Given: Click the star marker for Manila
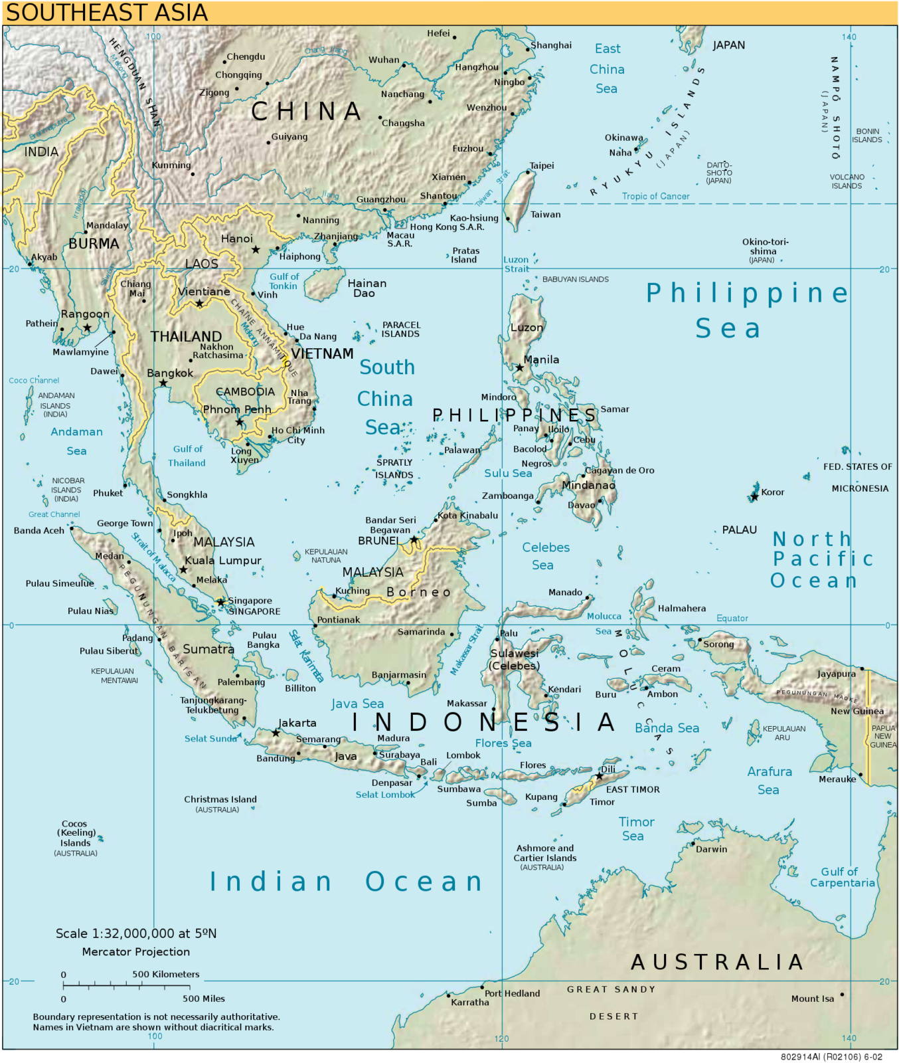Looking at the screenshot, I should tap(520, 367).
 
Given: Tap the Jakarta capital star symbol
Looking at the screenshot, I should tap(276, 733).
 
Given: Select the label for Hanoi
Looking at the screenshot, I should tap(237, 239).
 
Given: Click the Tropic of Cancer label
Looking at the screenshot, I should tap(655, 196).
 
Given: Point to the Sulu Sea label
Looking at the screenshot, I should tap(508, 473).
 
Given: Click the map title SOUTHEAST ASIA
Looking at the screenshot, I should tap(106, 13).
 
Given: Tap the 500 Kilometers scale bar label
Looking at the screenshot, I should tap(165, 974).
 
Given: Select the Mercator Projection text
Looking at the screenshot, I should tap(135, 951).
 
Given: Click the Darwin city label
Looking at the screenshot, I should tap(711, 849).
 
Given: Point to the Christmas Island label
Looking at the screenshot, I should tap(220, 799).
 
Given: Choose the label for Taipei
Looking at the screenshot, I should tap(542, 165).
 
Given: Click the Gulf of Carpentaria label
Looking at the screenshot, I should tap(841, 877).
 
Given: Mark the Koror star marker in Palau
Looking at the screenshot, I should tap(754, 496).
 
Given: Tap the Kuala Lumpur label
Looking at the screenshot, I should tap(223, 560).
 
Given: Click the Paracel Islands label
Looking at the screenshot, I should tap(401, 330).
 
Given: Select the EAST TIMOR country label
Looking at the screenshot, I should tap(633, 789).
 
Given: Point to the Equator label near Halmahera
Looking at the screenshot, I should tap(732, 618).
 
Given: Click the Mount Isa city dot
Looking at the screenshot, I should tap(842, 995).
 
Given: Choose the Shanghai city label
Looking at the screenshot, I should tap(551, 45).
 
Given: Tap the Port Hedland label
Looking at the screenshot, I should tap(512, 993).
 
